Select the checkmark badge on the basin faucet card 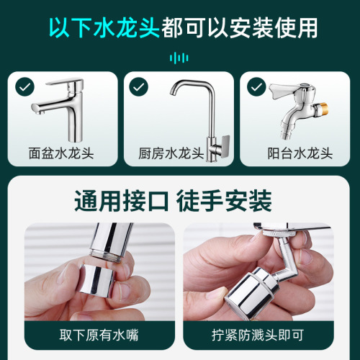tap(25, 86)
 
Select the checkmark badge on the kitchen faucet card tap(138, 86)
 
